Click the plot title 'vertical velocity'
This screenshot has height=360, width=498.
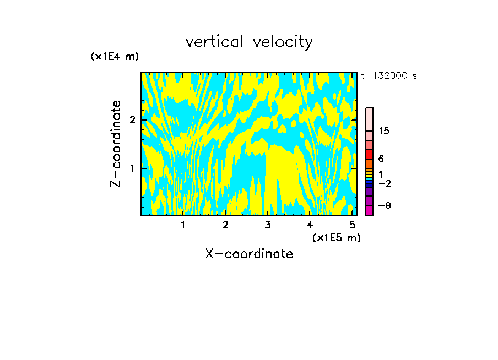pos(249,42)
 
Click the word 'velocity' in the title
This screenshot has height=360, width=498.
pos(283,42)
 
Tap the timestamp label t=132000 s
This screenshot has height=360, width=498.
pos(389,76)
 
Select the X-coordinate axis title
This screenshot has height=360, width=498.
pos(249,254)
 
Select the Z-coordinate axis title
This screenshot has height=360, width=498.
pos(116,144)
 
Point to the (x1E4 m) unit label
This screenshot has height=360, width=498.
pos(115,57)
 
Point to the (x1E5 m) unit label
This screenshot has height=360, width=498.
pos(336,237)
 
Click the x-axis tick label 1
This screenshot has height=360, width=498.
pos(183,225)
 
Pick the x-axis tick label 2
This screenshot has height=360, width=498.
pos(225,225)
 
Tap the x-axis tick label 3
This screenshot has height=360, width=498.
pos(268,225)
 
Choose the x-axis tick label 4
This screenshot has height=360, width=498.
pos(310,225)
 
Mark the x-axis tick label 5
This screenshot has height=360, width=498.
pos(352,225)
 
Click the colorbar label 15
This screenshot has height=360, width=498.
pos(384,132)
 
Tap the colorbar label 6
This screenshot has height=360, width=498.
pos(381,159)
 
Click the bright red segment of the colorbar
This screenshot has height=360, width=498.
pos(369,154)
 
